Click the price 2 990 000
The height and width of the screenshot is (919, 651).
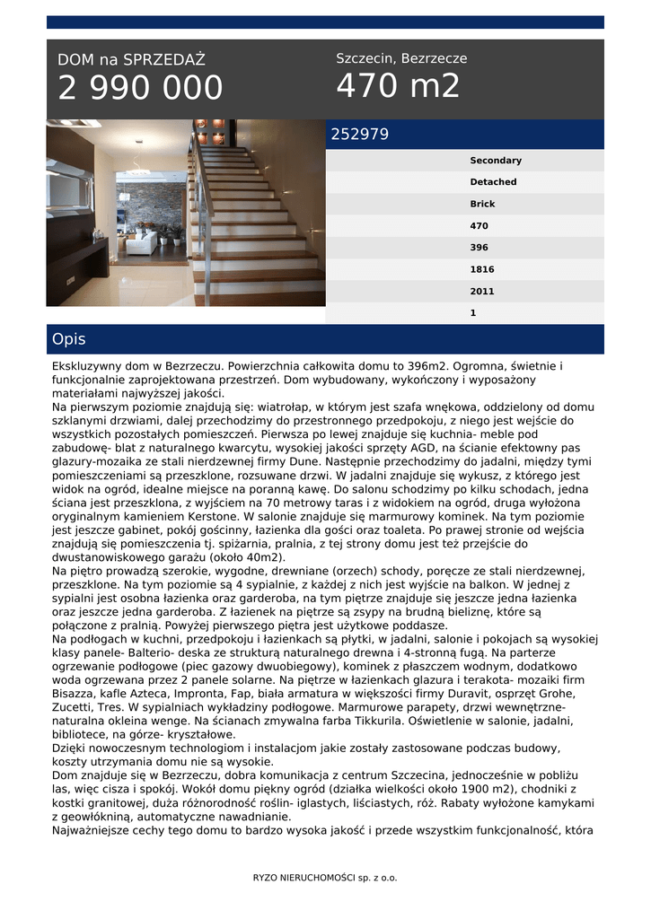pos(140,88)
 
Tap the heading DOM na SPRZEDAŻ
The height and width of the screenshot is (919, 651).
pos(131,60)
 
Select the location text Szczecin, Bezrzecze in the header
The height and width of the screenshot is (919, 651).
pos(401,58)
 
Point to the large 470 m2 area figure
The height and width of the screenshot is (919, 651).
pos(398,86)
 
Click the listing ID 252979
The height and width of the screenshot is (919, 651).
pos(360,135)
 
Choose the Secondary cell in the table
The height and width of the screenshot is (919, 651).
pos(495,161)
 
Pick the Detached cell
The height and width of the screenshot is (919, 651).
pos(493,182)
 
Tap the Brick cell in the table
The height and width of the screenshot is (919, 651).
pos(482,204)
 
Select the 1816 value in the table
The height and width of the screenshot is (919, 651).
pos(482,269)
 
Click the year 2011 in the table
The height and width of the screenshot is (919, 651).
pos(482,292)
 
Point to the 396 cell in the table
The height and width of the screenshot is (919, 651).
pos(479,248)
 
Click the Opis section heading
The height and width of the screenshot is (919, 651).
pos(69,339)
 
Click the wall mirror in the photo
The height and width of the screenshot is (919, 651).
pos(72,185)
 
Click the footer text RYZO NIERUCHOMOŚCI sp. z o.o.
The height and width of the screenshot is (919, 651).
pos(325,877)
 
